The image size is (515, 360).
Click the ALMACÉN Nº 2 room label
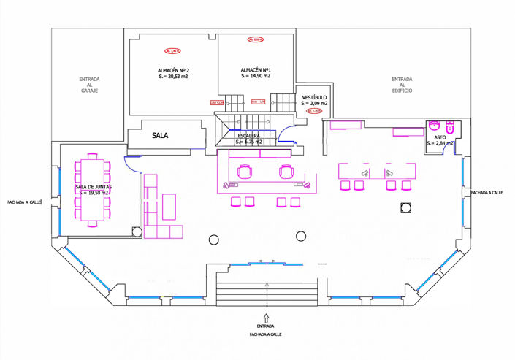[x=173, y=70]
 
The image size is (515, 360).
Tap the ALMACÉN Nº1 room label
[x=256, y=69]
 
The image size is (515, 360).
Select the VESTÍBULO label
[x=314, y=97]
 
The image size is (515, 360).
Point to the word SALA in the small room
[x=160, y=136]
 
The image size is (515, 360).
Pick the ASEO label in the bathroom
[x=440, y=137]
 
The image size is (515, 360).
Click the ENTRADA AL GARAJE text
[x=90, y=85]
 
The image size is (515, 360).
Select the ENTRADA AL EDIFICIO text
[x=402, y=85]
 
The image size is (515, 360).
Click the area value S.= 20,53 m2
[x=173, y=77]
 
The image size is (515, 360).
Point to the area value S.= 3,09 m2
[x=314, y=104]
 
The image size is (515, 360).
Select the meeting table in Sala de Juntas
[x=92, y=188]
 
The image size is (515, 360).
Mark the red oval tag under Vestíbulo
[x=317, y=112]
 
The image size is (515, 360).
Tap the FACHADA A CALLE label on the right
[x=488, y=193]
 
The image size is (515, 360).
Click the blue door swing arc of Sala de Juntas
[x=134, y=164]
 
